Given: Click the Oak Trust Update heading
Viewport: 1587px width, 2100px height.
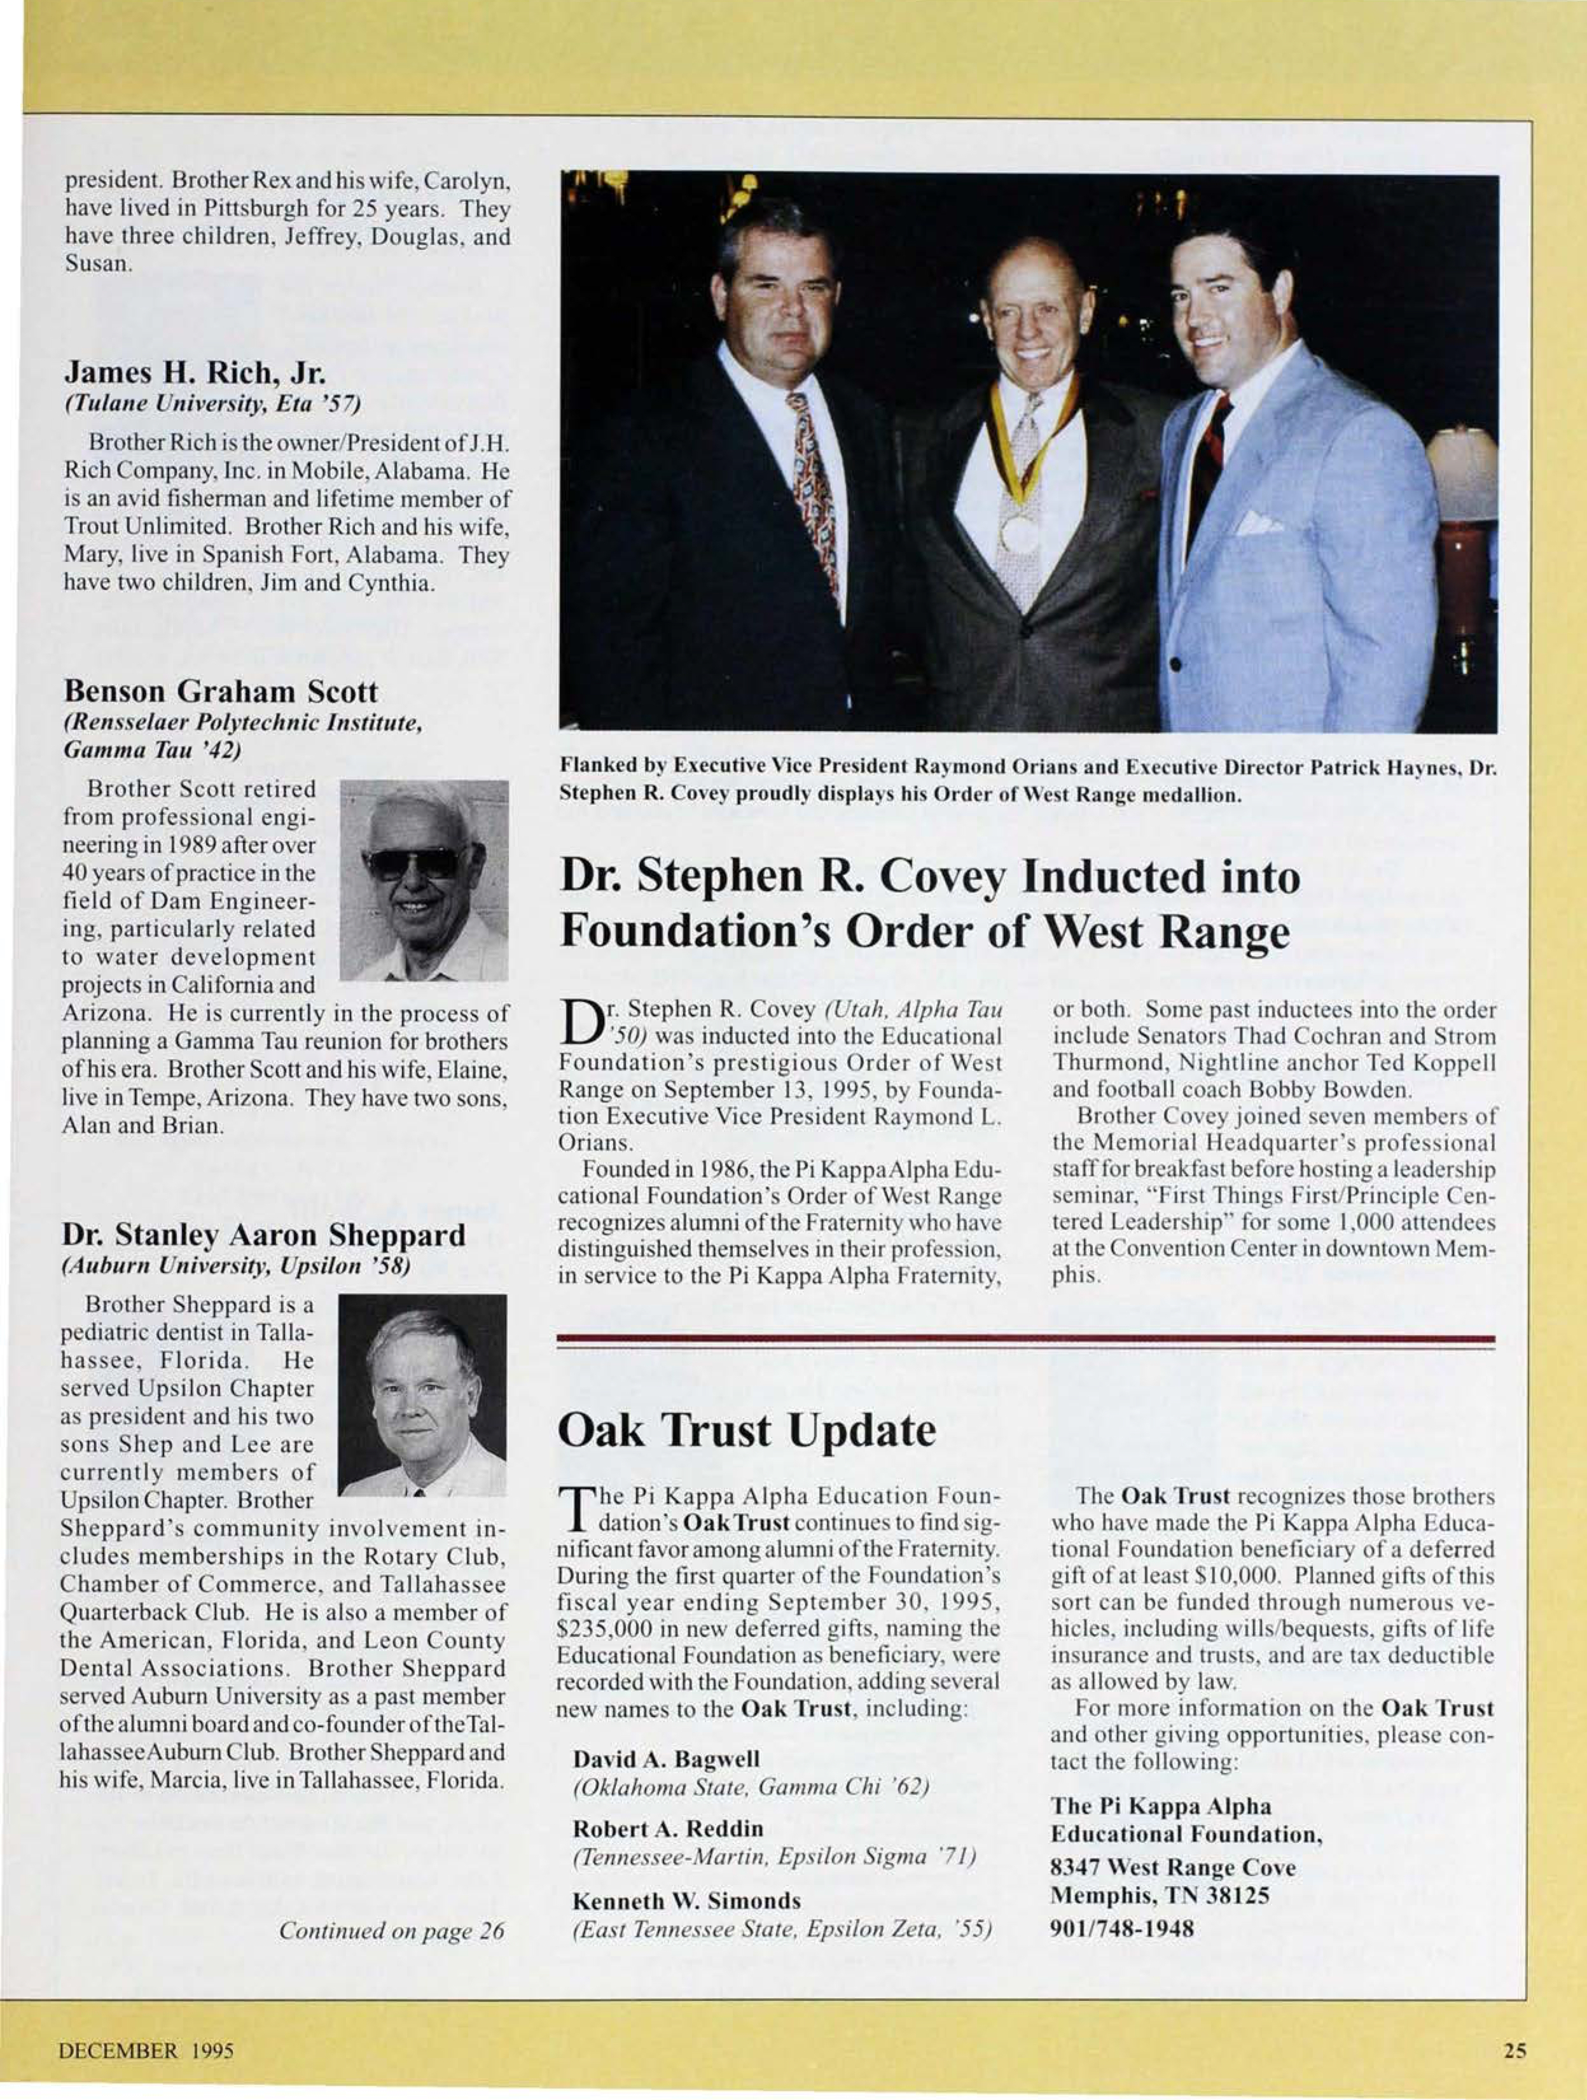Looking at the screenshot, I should pyautogui.click(x=746, y=1431).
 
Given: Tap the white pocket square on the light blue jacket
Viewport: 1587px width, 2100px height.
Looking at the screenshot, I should pyautogui.click(x=1258, y=522).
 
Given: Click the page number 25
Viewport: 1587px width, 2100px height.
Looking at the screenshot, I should pyautogui.click(x=1515, y=2050).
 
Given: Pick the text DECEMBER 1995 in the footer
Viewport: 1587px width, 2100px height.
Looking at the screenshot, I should pyautogui.click(x=146, y=2050).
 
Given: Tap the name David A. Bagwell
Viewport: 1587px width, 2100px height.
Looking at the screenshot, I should pyautogui.click(x=667, y=1758).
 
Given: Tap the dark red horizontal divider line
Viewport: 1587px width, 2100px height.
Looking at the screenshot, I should pyautogui.click(x=1025, y=1340).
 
